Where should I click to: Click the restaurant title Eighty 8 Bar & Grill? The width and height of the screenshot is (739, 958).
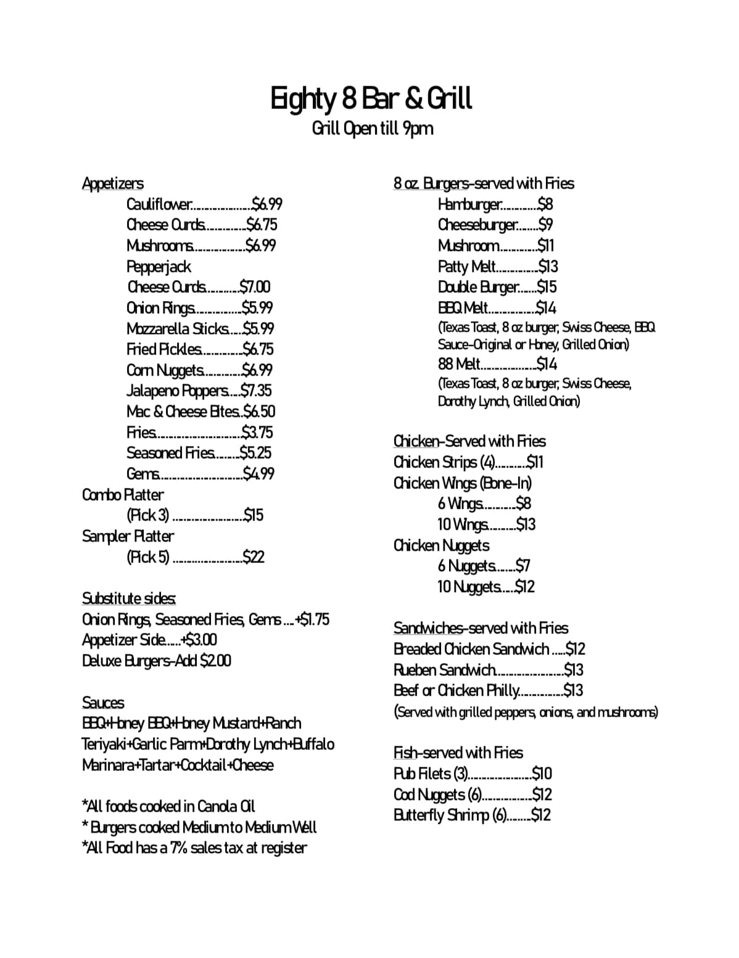[x=371, y=99]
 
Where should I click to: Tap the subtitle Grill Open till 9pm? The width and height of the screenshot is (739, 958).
[x=373, y=129]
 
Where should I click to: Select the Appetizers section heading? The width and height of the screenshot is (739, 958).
[x=113, y=183]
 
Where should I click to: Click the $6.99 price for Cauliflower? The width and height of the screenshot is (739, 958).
[x=267, y=204]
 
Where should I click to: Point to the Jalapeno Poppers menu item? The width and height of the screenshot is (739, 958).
[x=177, y=391]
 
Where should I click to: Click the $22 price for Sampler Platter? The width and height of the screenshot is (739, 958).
[x=254, y=557]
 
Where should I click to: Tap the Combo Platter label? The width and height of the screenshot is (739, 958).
[x=123, y=495]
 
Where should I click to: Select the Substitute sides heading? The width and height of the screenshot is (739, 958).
[x=129, y=598]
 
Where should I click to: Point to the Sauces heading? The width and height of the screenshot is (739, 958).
[x=103, y=703]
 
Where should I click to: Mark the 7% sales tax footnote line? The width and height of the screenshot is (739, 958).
[x=194, y=848]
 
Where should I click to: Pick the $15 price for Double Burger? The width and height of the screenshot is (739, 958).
[x=547, y=287]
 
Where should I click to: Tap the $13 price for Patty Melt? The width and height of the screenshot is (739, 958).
[x=548, y=266]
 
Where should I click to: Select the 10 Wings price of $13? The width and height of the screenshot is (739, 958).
[x=526, y=525]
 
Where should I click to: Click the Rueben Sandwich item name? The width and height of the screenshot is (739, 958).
[x=444, y=670]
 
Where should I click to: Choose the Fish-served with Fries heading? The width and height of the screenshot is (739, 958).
[x=458, y=753]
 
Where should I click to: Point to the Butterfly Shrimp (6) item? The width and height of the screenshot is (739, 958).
[x=449, y=815]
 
